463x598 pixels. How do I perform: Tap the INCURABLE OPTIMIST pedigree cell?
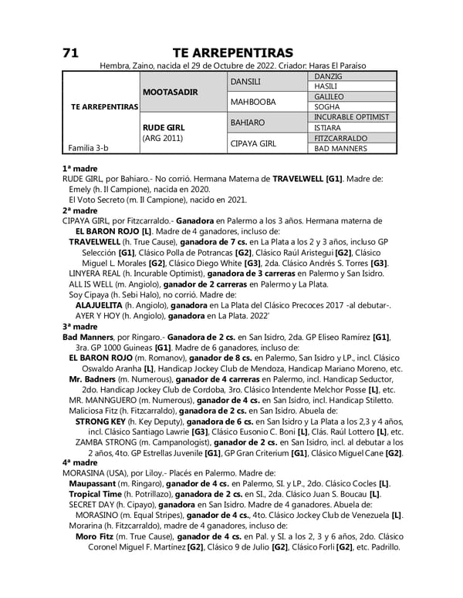(x=351, y=116)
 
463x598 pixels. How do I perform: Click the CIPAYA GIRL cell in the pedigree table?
(x=253, y=143)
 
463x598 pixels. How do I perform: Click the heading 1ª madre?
(x=79, y=167)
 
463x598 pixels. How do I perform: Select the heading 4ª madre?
(x=79, y=462)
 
